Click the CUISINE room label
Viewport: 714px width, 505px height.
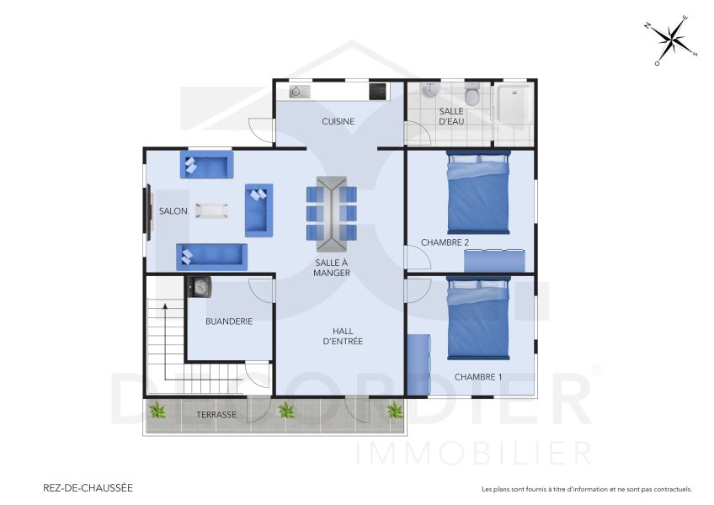338,121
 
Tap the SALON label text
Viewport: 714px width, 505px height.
173,211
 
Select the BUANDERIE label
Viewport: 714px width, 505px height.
229,321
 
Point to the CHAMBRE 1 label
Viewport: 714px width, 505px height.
477,377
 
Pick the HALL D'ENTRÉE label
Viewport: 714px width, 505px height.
343,336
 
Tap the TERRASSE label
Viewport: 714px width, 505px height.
216,415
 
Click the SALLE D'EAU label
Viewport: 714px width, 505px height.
451,116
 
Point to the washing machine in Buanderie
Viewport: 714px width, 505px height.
200,287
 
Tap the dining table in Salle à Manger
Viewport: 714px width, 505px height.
331,213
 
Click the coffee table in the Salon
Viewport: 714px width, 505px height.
210,210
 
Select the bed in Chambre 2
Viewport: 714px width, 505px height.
477,193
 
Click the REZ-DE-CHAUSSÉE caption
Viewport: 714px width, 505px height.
88,487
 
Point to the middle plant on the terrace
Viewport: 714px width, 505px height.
287,411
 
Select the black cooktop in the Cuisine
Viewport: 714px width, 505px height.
377,90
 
